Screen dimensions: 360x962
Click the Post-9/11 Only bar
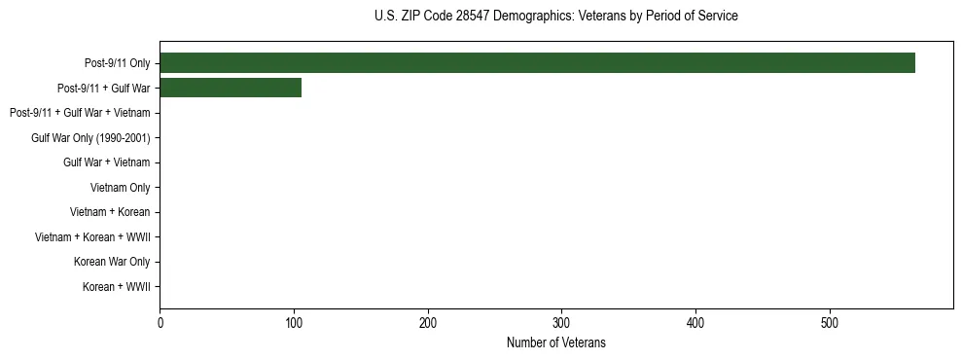[x=537, y=63]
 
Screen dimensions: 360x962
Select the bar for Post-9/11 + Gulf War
[x=230, y=88]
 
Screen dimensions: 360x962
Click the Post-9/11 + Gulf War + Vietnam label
[x=79, y=113]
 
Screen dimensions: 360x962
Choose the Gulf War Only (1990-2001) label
[x=90, y=138]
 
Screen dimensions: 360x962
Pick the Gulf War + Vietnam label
[x=106, y=162]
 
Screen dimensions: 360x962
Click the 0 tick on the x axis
[x=160, y=323]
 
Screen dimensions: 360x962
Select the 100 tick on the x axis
[x=294, y=323]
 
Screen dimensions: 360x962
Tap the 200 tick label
[x=428, y=323]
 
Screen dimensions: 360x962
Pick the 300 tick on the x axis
[x=561, y=323]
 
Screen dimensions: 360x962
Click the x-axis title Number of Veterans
[x=555, y=342]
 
